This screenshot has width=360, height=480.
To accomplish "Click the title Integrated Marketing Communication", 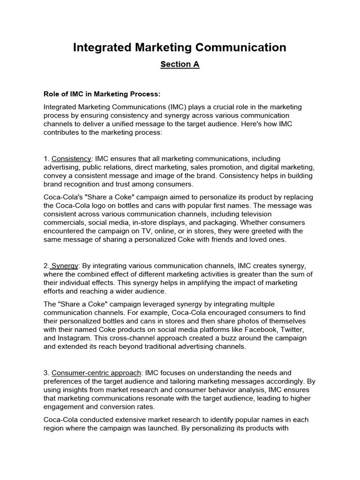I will (x=180, y=47).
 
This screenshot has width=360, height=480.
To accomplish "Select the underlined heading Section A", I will (x=180, y=65).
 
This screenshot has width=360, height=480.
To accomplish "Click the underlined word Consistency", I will (x=71, y=159).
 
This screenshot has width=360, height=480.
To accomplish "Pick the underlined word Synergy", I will (x=65, y=266).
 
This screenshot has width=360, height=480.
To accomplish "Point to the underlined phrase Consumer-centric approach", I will (x=96, y=373).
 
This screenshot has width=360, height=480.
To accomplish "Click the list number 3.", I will (x=45, y=373).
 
